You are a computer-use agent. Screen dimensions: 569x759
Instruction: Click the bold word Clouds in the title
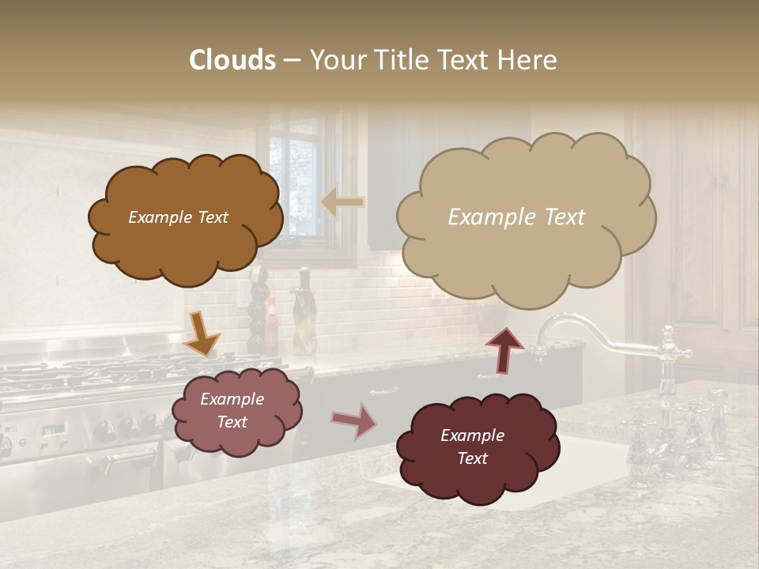(x=232, y=60)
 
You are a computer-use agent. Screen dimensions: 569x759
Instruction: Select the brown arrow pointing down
(x=202, y=333)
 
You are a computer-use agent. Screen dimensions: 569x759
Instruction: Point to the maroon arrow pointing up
(x=504, y=349)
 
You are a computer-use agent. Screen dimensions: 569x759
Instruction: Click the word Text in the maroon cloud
(x=472, y=458)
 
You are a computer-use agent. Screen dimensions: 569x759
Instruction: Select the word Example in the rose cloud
(x=232, y=399)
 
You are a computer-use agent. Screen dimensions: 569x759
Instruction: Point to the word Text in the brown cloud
(x=211, y=217)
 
